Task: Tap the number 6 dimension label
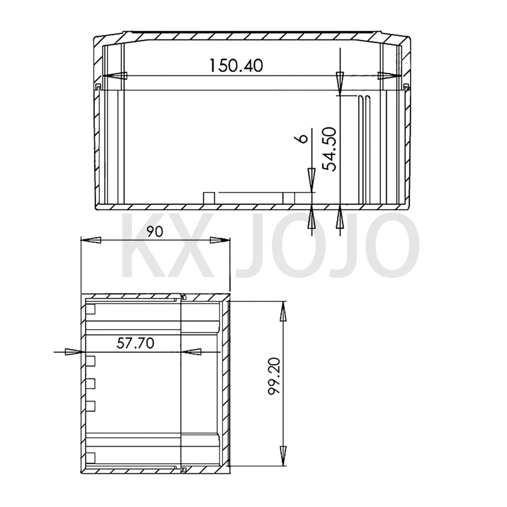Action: (303, 138)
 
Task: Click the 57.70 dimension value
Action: (135, 342)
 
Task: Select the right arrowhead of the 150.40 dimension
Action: (388, 76)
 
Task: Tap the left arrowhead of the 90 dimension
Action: (92, 240)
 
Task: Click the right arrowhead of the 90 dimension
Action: (218, 240)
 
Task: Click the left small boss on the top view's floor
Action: (209, 198)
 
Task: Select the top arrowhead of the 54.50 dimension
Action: (340, 83)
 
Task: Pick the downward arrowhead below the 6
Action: (312, 178)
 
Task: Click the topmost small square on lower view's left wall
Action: (91, 309)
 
